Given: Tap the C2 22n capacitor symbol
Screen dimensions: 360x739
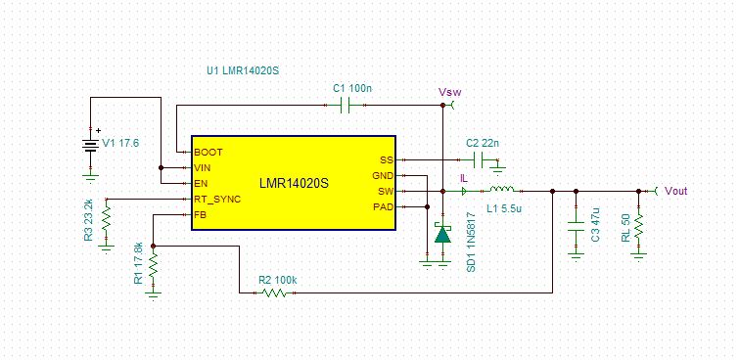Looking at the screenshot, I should (x=478, y=159).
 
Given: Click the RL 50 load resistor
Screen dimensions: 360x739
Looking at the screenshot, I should (x=638, y=227).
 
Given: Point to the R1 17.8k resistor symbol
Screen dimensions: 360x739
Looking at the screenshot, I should (x=153, y=266).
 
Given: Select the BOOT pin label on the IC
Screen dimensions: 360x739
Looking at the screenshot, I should (x=208, y=153).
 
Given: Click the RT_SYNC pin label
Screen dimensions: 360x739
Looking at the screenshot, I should (x=217, y=199).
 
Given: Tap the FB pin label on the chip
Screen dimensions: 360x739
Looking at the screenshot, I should (x=201, y=214).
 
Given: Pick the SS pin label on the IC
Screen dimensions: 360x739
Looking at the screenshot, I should (x=386, y=159).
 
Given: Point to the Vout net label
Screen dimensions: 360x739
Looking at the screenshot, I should (x=676, y=191).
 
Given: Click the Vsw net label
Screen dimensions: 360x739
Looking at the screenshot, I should (x=449, y=92).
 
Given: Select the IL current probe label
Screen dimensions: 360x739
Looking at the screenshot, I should (x=463, y=179).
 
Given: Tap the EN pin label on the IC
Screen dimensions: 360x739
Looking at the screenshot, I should (x=201, y=183).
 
